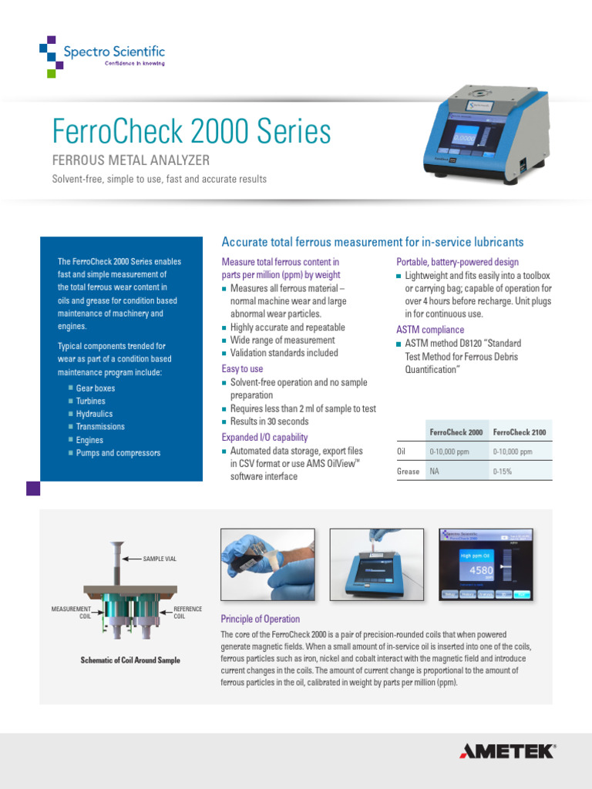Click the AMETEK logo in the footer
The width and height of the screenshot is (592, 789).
506,751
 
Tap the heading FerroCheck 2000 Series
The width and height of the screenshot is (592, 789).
191,132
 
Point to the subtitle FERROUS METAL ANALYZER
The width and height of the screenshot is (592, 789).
130,160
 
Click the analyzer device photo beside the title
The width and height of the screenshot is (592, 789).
486,136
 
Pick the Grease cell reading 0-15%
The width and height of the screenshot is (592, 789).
503,471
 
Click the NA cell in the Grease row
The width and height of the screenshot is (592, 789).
434,471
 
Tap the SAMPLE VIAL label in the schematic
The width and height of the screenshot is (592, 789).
160,559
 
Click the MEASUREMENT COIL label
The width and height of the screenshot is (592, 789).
72,613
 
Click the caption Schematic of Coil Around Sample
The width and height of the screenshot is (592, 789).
130,660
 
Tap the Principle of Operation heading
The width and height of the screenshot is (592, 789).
261,619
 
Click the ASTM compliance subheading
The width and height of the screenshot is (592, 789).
430,330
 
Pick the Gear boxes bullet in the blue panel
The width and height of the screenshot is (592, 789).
96,388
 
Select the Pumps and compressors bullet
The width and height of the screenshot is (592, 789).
118,453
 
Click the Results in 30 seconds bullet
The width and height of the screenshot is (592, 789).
269,421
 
